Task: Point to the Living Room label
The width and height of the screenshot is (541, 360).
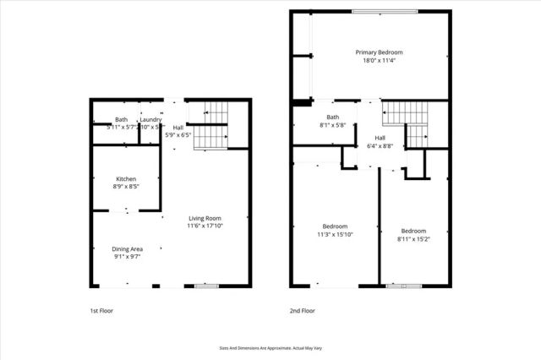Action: point(205,218)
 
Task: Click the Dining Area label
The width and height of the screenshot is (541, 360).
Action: point(127,248)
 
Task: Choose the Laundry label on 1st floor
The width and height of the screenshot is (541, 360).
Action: point(151,120)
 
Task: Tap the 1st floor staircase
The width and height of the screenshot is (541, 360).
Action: point(212,127)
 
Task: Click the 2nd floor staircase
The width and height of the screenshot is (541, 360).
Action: point(408,123)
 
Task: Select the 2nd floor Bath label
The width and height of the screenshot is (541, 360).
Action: point(333,117)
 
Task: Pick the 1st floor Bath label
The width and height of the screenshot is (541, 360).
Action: point(122,120)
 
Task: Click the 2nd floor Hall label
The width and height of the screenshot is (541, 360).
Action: point(380,138)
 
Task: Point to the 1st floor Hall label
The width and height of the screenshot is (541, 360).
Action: point(178,127)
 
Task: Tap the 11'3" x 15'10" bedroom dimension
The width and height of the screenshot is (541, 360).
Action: point(335,234)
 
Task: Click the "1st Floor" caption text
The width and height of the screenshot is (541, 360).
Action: point(101,311)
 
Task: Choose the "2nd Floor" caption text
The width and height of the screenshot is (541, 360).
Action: point(302,311)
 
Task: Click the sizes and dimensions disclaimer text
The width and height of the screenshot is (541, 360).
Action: point(270,346)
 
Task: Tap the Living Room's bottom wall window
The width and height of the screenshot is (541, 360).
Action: point(206,286)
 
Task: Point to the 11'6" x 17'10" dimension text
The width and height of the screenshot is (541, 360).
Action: point(205,226)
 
